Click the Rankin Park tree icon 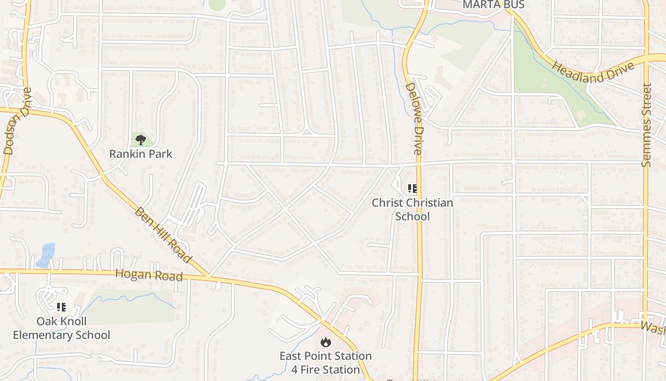click(x=140, y=140)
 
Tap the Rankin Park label click(x=141, y=154)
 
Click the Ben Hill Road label click(x=163, y=235)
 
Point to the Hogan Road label click(x=149, y=275)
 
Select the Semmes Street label click(x=646, y=125)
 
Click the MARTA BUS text click(x=493, y=5)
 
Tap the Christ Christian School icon click(x=412, y=189)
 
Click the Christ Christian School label click(x=412, y=210)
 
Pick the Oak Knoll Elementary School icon click(x=61, y=307)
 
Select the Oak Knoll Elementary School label click(x=61, y=328)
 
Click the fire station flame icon click(x=325, y=342)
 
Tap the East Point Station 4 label click(x=325, y=362)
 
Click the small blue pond click(x=46, y=254)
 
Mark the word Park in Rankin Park click(x=159, y=154)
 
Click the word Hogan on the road click(x=133, y=274)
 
